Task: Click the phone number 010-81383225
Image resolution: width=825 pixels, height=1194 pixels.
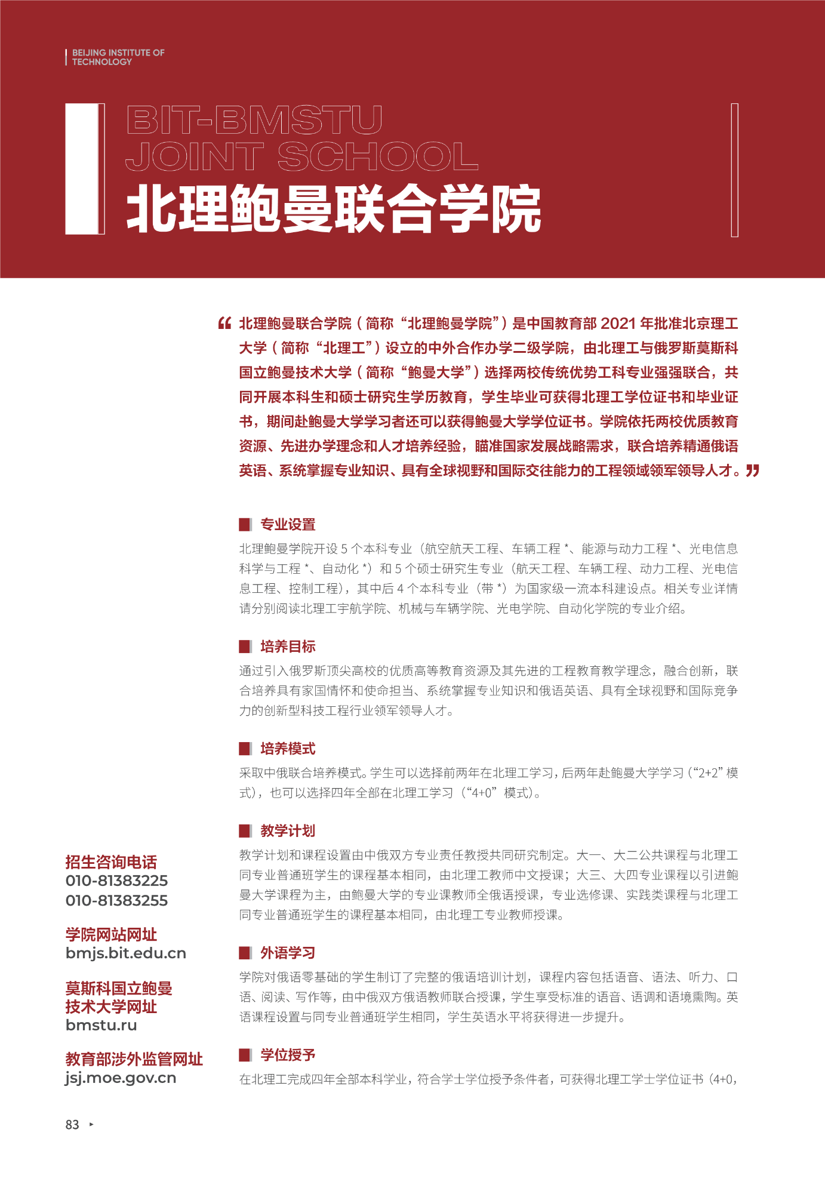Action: (x=116, y=881)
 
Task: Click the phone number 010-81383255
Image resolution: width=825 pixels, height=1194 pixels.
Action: (x=116, y=900)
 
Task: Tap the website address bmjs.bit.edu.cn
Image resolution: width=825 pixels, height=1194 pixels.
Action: (x=125, y=953)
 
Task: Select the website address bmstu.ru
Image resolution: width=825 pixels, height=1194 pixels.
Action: (x=101, y=1025)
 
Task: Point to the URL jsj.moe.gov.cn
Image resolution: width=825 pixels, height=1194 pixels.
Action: (x=121, y=1078)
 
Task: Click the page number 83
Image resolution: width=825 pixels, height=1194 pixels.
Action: (x=72, y=1125)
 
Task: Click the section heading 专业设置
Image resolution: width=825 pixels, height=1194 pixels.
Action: (x=288, y=525)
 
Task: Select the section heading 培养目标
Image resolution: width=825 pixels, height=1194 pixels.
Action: (x=288, y=647)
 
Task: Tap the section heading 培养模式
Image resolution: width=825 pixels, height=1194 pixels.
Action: (x=288, y=749)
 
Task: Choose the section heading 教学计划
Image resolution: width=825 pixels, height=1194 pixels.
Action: (x=288, y=830)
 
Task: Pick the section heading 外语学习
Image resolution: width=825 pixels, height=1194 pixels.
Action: (x=288, y=953)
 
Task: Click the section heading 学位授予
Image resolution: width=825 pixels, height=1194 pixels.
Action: (x=288, y=1055)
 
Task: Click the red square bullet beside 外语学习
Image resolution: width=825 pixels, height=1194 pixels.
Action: (x=245, y=953)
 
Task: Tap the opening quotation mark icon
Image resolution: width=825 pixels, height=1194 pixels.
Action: (x=224, y=324)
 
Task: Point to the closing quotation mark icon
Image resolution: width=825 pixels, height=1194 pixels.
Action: (x=752, y=470)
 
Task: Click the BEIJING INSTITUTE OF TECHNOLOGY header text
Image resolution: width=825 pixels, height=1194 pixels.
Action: (x=118, y=57)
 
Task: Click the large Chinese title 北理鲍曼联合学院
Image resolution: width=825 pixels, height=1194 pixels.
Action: (x=333, y=209)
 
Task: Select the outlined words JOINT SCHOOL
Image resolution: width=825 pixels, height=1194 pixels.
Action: (x=301, y=156)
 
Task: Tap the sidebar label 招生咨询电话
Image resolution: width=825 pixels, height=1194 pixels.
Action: (x=111, y=862)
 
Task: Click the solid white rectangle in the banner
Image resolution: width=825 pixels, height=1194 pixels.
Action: (x=81, y=168)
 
